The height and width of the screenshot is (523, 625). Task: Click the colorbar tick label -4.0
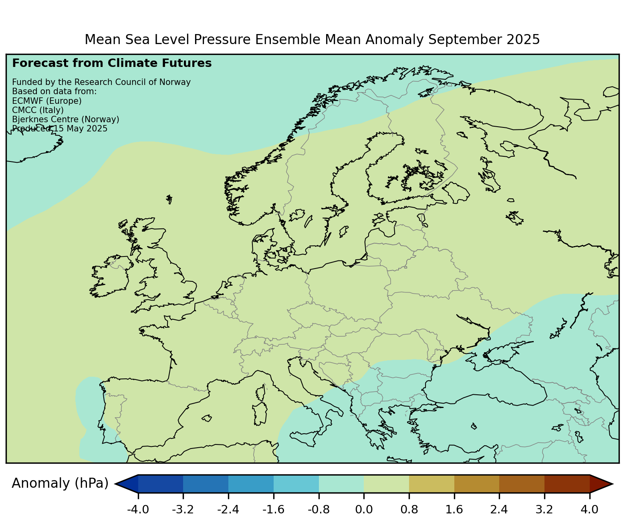pos(138,510)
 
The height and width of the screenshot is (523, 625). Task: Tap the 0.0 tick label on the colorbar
pos(364,510)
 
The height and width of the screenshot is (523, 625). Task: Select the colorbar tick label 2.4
pos(499,510)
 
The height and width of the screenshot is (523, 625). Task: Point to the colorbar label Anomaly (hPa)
pos(60,484)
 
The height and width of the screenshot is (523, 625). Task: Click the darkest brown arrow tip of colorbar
pos(601,484)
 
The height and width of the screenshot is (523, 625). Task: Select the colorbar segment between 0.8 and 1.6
pos(431,484)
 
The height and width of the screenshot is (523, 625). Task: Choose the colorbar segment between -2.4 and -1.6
pos(251,484)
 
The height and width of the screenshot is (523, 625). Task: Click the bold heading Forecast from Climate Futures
pos(112,63)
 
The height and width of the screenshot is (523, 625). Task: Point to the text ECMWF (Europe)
pos(47,101)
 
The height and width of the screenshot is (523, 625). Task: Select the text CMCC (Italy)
pos(38,110)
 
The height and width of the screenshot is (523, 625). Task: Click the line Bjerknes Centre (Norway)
pos(66,119)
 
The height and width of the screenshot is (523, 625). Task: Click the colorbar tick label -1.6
pos(273,510)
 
